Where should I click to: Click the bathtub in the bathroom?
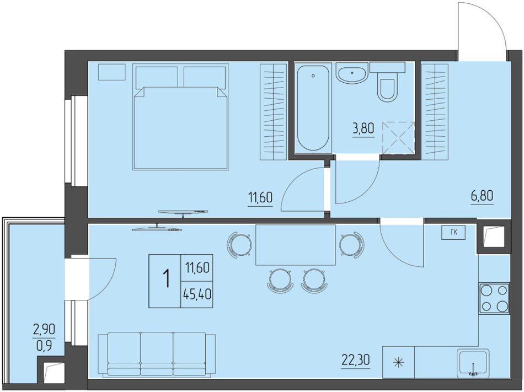click(313, 108)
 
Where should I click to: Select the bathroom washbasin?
click(352, 73)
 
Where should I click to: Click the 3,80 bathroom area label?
click(363, 129)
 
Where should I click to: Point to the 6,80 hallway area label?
click(482, 196)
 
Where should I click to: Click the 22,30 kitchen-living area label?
click(356, 361)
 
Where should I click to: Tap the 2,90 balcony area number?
click(44, 331)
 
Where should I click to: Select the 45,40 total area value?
click(197, 294)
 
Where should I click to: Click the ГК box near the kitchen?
click(453, 233)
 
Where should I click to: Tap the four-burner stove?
click(495, 298)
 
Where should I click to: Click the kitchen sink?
click(473, 363)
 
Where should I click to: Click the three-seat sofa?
click(157, 355)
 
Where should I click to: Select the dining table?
click(296, 245)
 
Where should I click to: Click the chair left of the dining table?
click(239, 245)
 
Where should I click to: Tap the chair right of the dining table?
click(352, 245)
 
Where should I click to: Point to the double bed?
click(181, 117)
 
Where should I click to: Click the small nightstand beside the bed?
click(112, 72)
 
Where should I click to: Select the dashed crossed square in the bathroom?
click(398, 138)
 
